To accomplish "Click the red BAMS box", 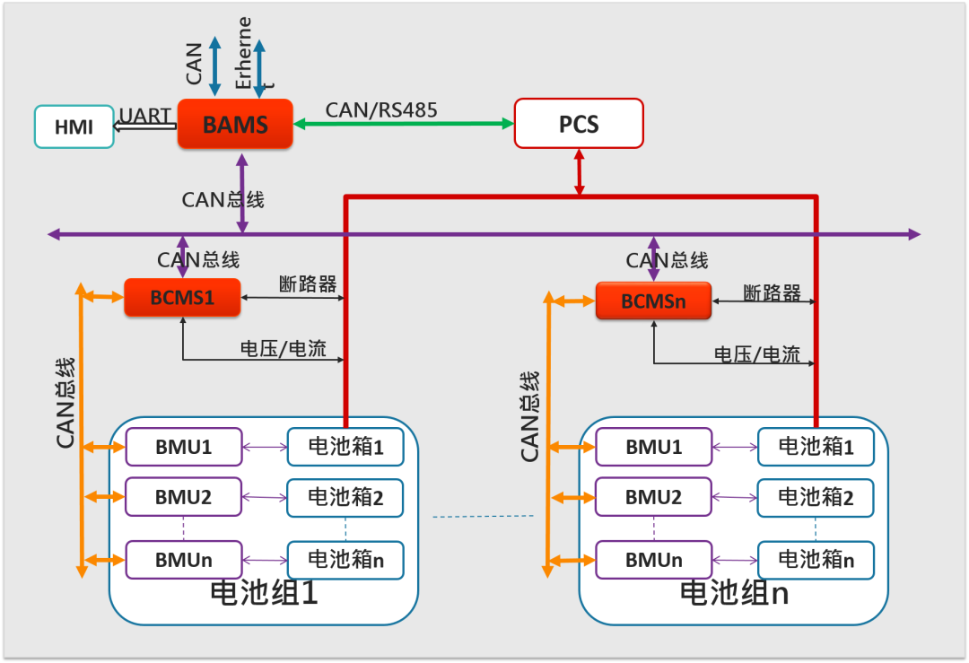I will pos(235,124).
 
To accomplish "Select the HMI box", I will pos(74,126).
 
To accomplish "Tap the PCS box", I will pos(579,123).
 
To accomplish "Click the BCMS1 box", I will pos(182,297).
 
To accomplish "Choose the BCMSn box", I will pos(653,301).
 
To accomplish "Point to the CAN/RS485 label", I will pos(381,109).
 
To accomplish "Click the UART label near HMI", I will pos(145,116).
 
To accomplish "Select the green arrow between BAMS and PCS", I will pos(404,124).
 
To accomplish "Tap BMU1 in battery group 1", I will pos(184,447).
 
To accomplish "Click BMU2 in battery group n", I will pos(654,496).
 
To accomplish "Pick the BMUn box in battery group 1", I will pos(184,560).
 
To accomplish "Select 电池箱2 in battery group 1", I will pos(345,497).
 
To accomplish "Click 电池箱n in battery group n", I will pos(816,560).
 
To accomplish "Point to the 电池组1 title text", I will pos(264,592).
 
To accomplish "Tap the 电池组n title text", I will pos(734,592).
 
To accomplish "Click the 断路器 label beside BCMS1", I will pos(308,284).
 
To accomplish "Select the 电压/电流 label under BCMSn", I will pos(756,354).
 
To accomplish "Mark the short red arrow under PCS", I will pos(580,172).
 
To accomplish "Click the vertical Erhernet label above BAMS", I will pos(244,54).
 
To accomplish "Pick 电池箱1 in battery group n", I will pos(816,447).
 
